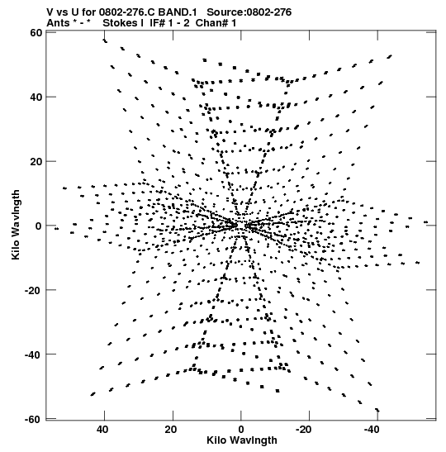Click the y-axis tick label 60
click(x=36, y=33)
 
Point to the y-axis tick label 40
click(x=36, y=98)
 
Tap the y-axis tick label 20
click(x=36, y=161)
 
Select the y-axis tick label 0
click(x=39, y=226)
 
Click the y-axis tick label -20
click(x=33, y=290)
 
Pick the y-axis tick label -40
click(x=33, y=354)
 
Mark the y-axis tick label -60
click(x=33, y=419)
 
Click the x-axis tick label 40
click(x=103, y=430)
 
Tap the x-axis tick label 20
click(x=171, y=430)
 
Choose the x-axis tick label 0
click(x=241, y=430)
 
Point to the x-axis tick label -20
click(x=304, y=430)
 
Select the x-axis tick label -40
click(x=372, y=430)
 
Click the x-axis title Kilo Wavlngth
click(x=242, y=440)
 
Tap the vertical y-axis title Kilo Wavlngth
click(x=16, y=225)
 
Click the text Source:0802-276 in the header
click(x=249, y=12)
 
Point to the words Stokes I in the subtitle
click(x=123, y=23)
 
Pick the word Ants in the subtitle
click(x=58, y=23)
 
